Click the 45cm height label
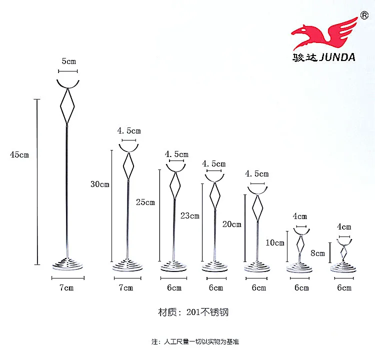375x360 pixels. [x=19, y=154]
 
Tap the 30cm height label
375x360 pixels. [x=100, y=184]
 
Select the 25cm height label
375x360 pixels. [x=145, y=202]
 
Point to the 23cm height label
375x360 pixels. [x=190, y=216]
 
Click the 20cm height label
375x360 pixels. [x=232, y=224]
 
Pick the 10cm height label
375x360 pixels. [x=275, y=243]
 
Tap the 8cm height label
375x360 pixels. [x=318, y=253]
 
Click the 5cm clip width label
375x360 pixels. [x=68, y=61]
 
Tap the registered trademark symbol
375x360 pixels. [x=364, y=15]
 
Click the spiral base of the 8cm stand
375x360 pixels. [x=344, y=266]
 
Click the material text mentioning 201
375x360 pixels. [x=193, y=312]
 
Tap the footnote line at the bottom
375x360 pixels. [x=195, y=341]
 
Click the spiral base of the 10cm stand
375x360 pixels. [x=301, y=267]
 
